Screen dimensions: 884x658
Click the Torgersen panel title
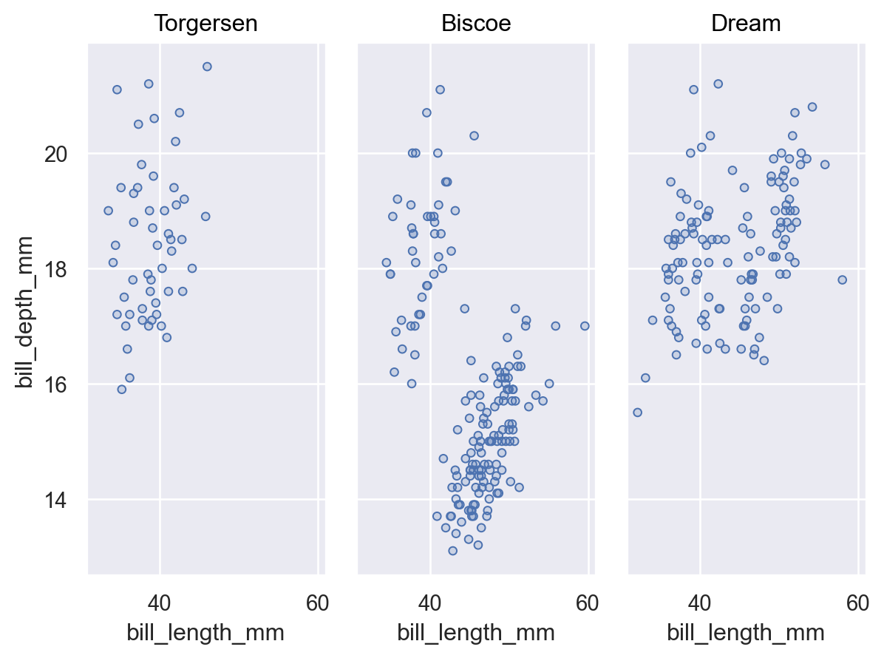(x=205, y=24)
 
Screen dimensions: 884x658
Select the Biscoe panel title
(x=476, y=24)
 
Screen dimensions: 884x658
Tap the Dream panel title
(x=746, y=24)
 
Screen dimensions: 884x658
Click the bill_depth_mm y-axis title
(x=25, y=313)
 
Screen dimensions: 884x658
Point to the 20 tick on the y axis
(x=55, y=154)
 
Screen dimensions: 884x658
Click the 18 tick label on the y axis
(x=55, y=270)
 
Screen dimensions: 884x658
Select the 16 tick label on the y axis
(x=55, y=384)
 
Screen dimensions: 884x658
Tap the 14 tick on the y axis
(x=55, y=500)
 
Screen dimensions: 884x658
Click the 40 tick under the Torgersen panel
(x=160, y=603)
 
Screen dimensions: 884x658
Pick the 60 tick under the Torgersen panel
(x=317, y=603)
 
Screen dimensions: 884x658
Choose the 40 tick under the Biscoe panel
(x=429, y=603)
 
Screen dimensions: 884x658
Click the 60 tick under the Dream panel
(x=857, y=603)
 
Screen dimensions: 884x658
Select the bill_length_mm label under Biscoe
(x=476, y=633)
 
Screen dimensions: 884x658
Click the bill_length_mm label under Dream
(x=746, y=633)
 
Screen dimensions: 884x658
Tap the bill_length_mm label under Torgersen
(x=205, y=633)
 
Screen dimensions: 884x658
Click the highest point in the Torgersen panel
(x=207, y=67)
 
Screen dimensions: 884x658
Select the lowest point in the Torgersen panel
(x=122, y=389)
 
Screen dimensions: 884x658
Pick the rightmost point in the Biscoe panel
(x=585, y=326)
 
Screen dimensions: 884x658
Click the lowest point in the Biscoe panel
(x=452, y=550)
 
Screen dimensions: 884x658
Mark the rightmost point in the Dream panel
(x=843, y=279)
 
